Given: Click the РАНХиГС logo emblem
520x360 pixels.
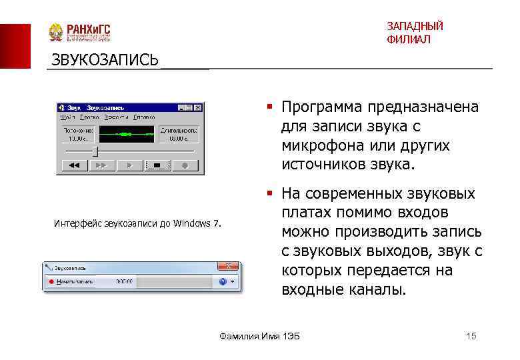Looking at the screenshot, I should click(x=57, y=33).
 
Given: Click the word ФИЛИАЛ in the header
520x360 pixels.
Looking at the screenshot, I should click(x=408, y=40).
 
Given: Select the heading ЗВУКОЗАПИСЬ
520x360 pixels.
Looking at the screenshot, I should click(x=105, y=60).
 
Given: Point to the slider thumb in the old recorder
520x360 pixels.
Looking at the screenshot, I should click(x=95, y=151).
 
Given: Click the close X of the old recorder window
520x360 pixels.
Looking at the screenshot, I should click(x=197, y=107).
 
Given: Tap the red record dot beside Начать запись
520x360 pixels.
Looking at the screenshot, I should click(x=50, y=282).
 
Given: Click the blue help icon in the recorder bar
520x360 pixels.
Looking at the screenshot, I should click(x=223, y=282).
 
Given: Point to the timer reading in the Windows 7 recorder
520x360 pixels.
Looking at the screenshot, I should click(x=123, y=282).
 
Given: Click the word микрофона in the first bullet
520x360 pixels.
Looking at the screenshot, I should click(x=317, y=145).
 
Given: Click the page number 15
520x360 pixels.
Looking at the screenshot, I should click(x=471, y=336).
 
